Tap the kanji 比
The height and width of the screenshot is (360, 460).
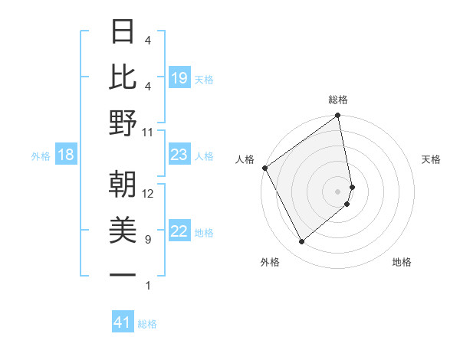[123, 77]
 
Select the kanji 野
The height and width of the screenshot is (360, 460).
[123, 123]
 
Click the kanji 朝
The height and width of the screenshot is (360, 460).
[123, 185]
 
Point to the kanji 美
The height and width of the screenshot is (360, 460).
[123, 231]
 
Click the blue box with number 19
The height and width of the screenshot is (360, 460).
[179, 78]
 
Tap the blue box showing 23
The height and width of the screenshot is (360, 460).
[179, 155]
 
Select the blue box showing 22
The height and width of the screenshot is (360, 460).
[179, 232]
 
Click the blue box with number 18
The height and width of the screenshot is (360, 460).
[65, 155]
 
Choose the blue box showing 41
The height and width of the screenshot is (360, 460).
[123, 323]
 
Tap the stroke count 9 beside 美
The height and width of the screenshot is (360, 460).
[147, 240]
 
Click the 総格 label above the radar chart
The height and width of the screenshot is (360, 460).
[338, 100]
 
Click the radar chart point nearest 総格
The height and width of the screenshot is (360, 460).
[337, 116]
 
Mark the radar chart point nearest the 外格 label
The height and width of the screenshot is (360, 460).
[301, 242]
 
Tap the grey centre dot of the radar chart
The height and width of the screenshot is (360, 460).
[337, 191]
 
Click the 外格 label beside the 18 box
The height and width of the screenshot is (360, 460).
[41, 156]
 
